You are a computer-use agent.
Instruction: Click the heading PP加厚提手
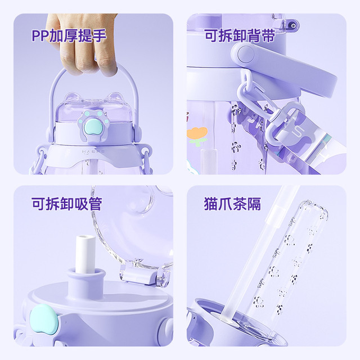coord(69,35)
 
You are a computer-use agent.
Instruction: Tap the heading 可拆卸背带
coord(240,35)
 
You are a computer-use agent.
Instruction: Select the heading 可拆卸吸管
coord(67,204)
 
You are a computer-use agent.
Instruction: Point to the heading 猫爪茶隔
coord(232,204)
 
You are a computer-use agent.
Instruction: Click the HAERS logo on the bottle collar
coord(93,152)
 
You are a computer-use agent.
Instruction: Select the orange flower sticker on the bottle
coord(197,136)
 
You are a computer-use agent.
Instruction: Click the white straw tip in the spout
coord(85,254)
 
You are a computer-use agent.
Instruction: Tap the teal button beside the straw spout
coord(44,318)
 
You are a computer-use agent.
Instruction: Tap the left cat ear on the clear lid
coord(70,97)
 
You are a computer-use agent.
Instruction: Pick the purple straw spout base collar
coord(86,281)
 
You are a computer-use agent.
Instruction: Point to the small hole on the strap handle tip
coord(292,25)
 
